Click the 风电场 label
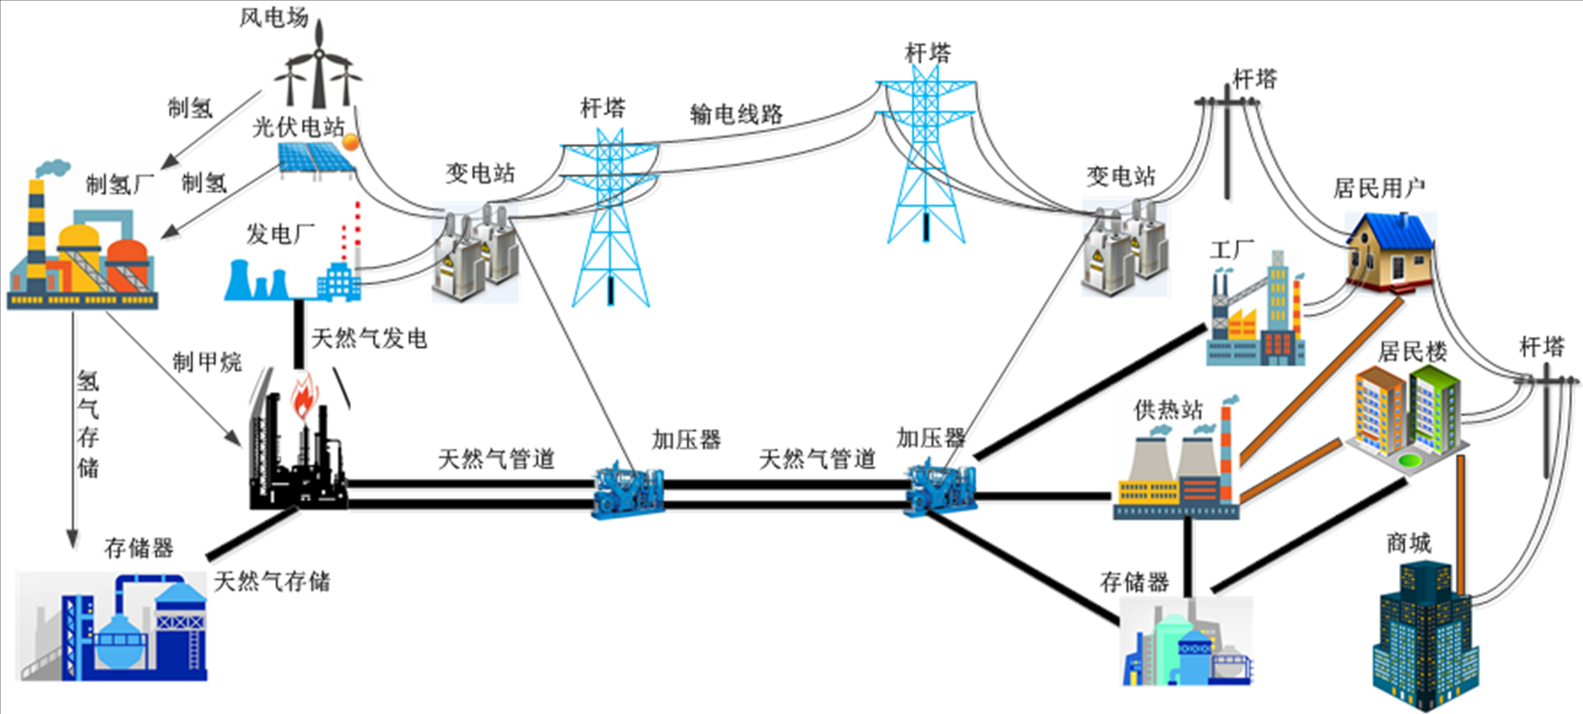click(x=274, y=17)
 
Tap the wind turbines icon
click(x=318, y=70)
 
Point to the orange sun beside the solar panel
click(x=350, y=141)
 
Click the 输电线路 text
click(x=736, y=114)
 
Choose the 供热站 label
click(x=1168, y=410)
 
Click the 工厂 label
click(x=1231, y=250)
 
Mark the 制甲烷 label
click(x=206, y=362)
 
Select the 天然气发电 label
click(x=369, y=338)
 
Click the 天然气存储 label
click(x=271, y=581)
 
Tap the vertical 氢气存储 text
click(x=88, y=424)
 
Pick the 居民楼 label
click(x=1412, y=352)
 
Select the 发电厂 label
click(x=280, y=233)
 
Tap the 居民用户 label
click(x=1379, y=188)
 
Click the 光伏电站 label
click(x=298, y=127)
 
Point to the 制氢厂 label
click(x=119, y=184)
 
